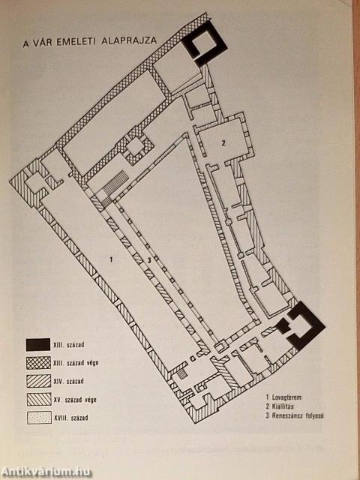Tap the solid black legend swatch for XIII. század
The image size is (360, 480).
coord(38,345)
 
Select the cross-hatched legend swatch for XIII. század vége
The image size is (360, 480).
coord(38,363)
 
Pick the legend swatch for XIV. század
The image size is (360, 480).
coord(39,381)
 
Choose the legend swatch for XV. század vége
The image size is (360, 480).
coord(39,399)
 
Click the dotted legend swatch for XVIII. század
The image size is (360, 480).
coord(39,417)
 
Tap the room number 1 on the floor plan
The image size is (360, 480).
coord(112,260)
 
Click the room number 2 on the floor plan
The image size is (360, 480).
coord(223,142)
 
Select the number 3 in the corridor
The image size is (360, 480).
coord(149,260)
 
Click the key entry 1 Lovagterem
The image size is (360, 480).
coord(283,397)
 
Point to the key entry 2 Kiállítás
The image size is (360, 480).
coord(280,406)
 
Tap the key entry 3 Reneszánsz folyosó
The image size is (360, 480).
coord(295,415)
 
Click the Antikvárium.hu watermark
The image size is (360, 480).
coord(46,472)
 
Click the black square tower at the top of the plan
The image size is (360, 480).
coord(204,43)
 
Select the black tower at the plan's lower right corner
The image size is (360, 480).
coord(301,325)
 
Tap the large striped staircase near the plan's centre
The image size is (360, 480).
coord(115,184)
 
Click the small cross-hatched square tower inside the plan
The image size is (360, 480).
coord(136,147)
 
